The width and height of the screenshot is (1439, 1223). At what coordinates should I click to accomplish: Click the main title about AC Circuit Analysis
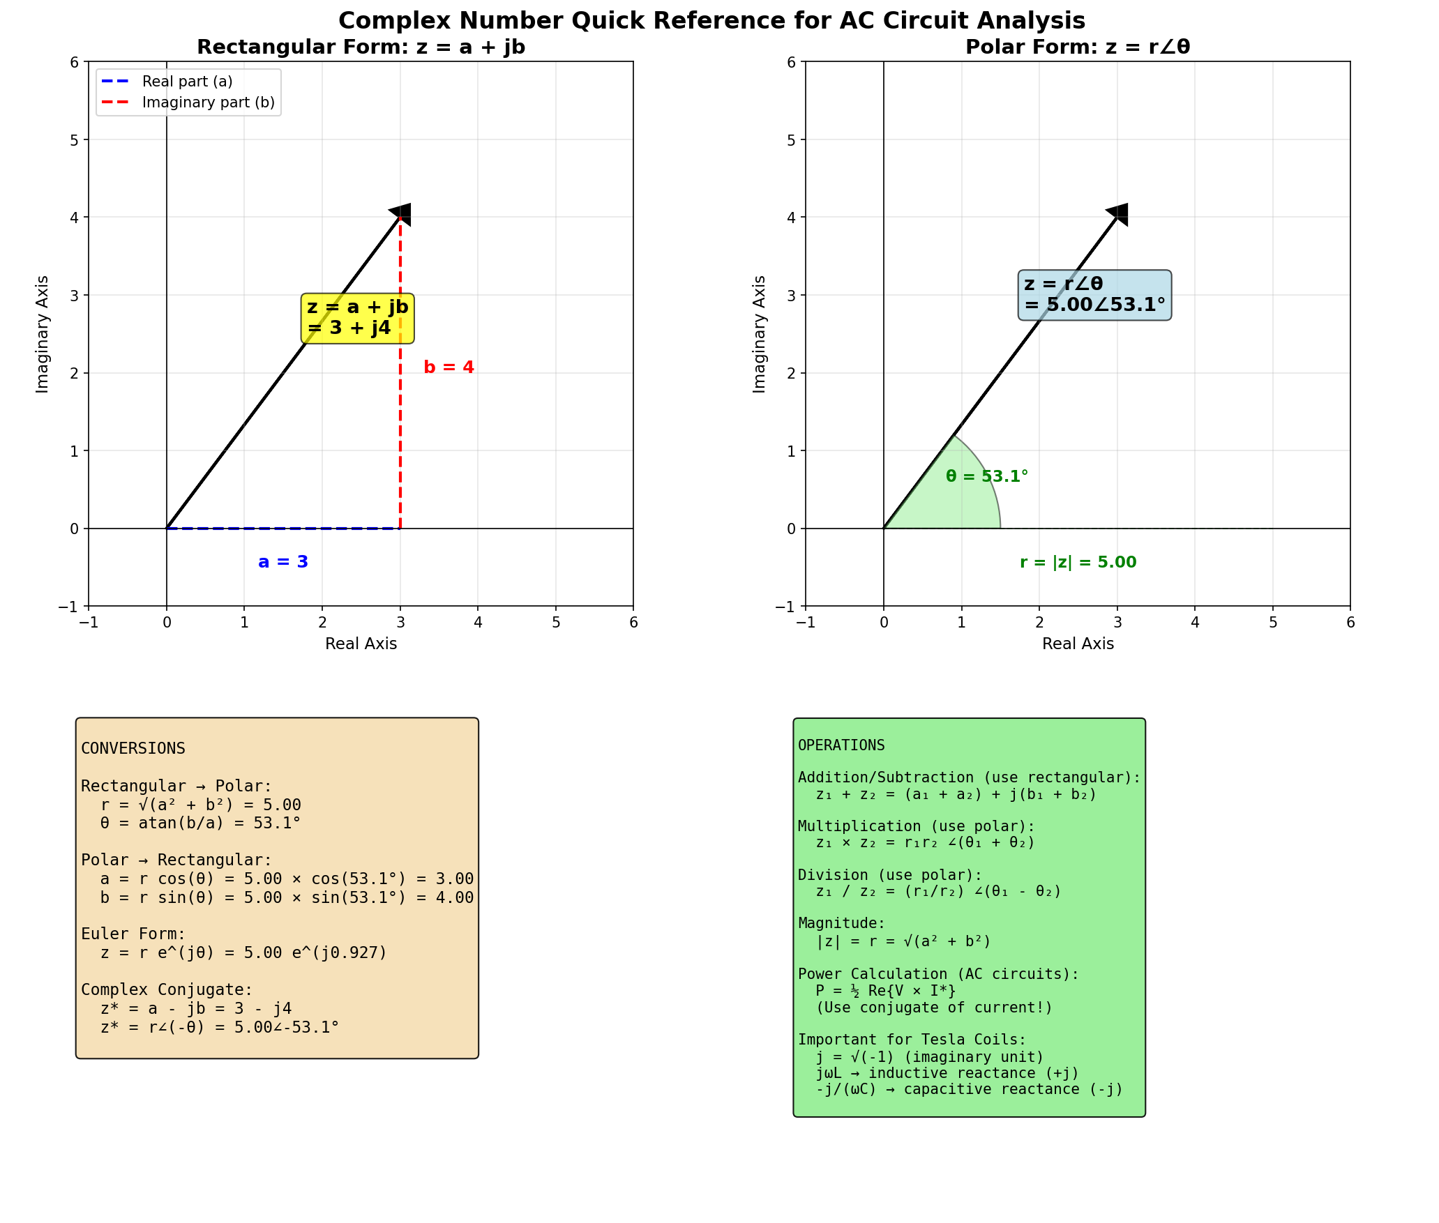click(x=711, y=20)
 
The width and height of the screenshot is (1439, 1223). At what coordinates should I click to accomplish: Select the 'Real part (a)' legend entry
click(x=187, y=82)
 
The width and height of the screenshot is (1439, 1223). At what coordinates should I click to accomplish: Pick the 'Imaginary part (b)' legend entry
click(x=208, y=102)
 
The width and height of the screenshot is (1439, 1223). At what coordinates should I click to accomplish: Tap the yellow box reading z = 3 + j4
click(x=357, y=318)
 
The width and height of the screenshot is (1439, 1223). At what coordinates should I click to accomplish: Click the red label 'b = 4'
click(x=449, y=367)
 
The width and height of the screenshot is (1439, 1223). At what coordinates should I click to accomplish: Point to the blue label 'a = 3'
click(x=283, y=562)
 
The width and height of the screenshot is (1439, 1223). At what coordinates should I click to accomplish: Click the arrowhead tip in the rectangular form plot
click(x=402, y=213)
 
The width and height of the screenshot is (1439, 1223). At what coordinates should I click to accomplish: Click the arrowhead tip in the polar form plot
click(x=1120, y=213)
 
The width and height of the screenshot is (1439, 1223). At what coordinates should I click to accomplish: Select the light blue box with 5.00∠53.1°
click(x=1094, y=295)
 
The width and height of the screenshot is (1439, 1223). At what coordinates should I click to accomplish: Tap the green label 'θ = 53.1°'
click(x=986, y=477)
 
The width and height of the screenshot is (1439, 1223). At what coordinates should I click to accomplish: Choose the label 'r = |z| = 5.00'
click(x=1078, y=562)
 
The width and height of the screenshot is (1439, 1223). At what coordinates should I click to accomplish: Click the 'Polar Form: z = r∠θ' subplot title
click(x=1077, y=47)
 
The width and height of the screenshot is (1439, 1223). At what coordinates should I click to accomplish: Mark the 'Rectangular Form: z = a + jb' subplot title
click(x=361, y=47)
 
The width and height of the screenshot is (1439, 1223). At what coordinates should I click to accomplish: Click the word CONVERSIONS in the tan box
click(x=133, y=749)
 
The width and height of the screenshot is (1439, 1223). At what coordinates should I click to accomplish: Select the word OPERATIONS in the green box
click(x=841, y=745)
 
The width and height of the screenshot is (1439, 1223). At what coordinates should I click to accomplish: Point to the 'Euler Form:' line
click(x=133, y=934)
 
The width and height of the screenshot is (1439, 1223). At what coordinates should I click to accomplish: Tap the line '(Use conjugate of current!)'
click(x=934, y=1008)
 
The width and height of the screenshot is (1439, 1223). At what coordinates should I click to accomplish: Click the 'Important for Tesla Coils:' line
click(x=912, y=1040)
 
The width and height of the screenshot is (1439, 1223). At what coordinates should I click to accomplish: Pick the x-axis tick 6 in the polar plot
click(x=1350, y=622)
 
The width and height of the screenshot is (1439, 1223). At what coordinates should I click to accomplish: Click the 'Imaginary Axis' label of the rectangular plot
click(x=43, y=334)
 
